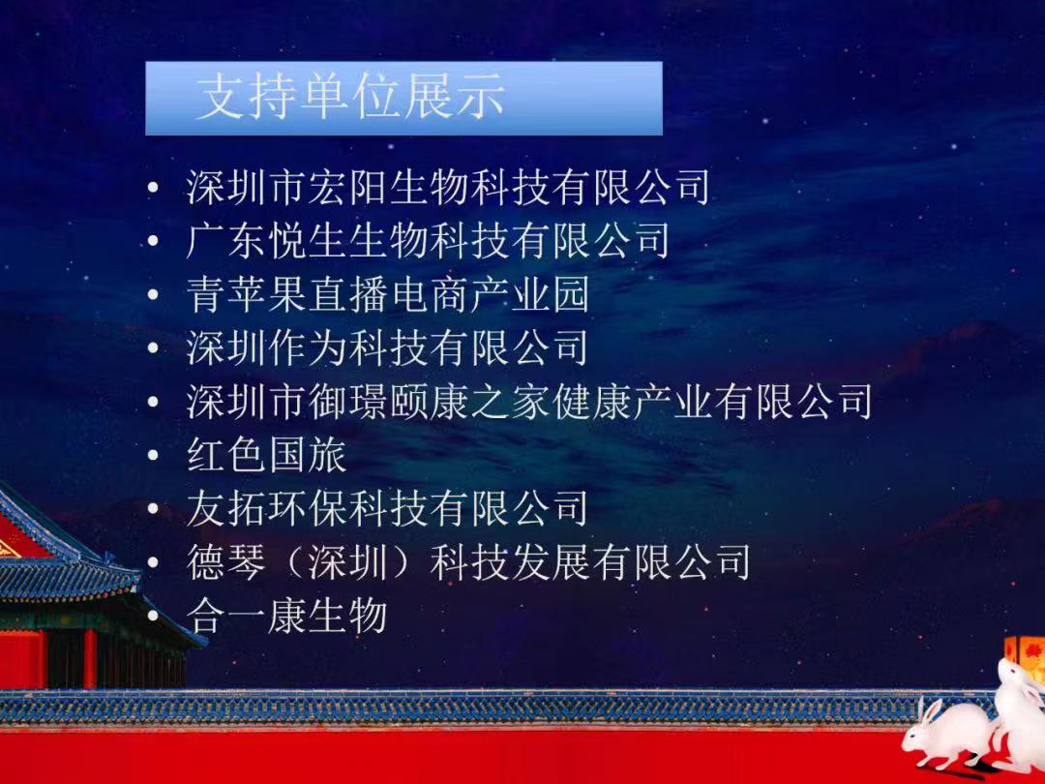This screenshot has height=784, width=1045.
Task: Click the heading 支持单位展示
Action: pyautogui.click(x=350, y=98)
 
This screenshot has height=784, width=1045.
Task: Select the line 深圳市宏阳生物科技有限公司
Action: pyautogui.click(x=448, y=187)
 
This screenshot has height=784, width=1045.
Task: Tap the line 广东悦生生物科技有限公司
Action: pyautogui.click(x=428, y=241)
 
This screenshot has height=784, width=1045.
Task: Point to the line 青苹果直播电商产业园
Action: pyautogui.click(x=388, y=294)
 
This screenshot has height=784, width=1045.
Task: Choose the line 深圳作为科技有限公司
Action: pyautogui.click(x=387, y=347)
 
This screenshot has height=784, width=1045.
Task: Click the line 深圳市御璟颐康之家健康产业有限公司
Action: pyautogui.click(x=529, y=402)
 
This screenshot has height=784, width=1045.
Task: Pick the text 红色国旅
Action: pyautogui.click(x=267, y=455)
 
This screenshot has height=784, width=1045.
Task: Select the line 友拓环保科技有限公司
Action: pyautogui.click(x=387, y=508)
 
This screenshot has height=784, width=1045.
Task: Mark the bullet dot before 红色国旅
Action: pyautogui.click(x=153, y=455)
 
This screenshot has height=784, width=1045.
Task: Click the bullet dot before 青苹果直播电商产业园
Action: pyautogui.click(x=153, y=294)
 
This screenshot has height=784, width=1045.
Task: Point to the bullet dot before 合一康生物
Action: pyautogui.click(x=153, y=616)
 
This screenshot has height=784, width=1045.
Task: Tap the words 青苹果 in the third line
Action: pyautogui.click(x=247, y=294)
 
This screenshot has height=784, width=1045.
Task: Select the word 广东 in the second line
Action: pyautogui.click(x=226, y=241)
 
